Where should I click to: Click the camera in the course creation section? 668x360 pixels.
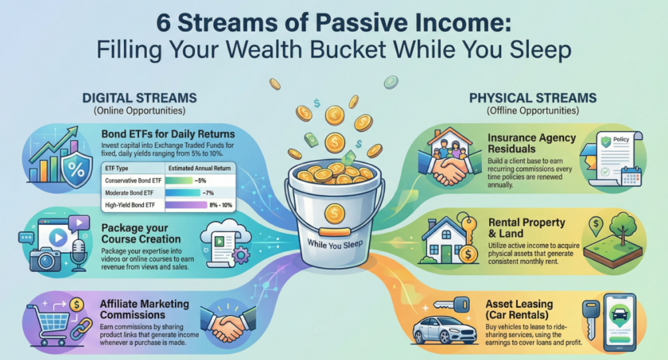tap(46, 256)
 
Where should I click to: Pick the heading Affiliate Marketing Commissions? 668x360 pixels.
tap(145, 309)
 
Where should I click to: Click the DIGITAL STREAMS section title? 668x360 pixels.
tap(138, 98)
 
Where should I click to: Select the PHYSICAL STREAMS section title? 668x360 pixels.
tap(533, 98)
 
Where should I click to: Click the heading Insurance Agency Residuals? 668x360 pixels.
tap(532, 143)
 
